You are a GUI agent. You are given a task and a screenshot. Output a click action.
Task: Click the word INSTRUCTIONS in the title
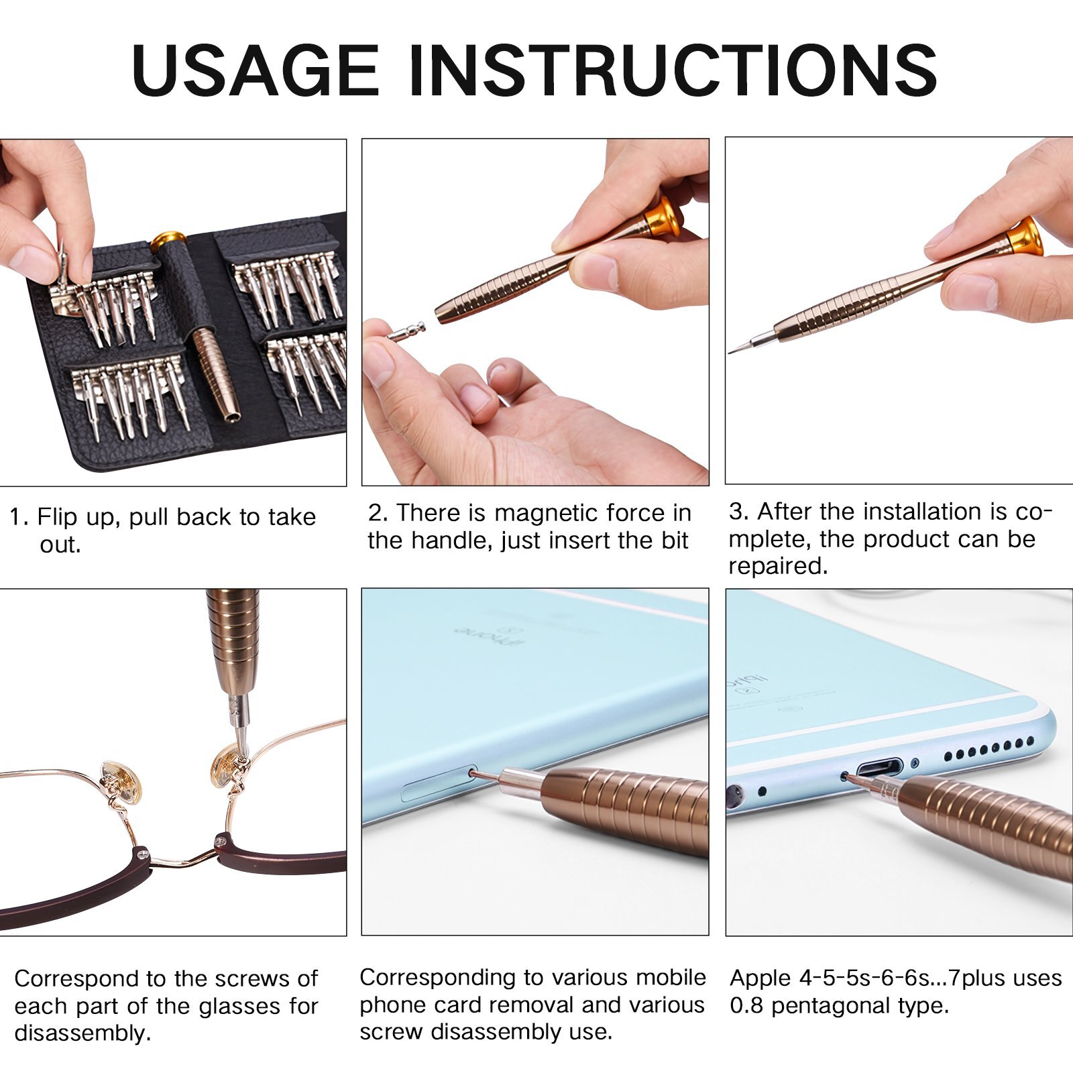[x=673, y=69]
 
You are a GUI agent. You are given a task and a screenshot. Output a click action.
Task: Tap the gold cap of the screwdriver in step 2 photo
[x=664, y=218]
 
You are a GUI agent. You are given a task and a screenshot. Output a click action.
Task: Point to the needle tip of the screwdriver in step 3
[x=733, y=351]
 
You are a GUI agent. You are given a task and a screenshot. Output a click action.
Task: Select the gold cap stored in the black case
[x=168, y=239]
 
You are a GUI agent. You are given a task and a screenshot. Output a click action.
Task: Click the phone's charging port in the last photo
[x=879, y=767]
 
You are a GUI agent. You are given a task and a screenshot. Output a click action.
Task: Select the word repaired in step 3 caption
[x=778, y=566]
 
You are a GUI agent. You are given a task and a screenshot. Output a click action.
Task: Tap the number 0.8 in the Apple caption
[x=746, y=1006]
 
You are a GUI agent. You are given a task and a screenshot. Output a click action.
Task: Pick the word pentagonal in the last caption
[x=831, y=1006]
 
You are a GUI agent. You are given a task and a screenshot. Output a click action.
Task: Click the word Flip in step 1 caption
[x=57, y=517]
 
